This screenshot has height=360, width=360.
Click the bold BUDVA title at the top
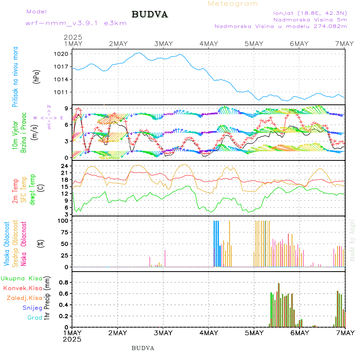(x=150, y=15)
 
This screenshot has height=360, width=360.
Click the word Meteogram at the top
(x=233, y=4)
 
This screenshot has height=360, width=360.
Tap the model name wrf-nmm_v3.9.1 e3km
(x=76, y=23)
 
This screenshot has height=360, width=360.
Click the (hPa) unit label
(x=37, y=76)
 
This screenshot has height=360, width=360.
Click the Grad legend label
(x=35, y=318)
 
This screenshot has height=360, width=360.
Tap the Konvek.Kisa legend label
(x=22, y=288)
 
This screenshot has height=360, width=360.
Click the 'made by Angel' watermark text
(x=352, y=240)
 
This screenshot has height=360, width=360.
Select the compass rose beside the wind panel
(x=48, y=118)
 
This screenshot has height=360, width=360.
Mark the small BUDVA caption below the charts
(x=143, y=348)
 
